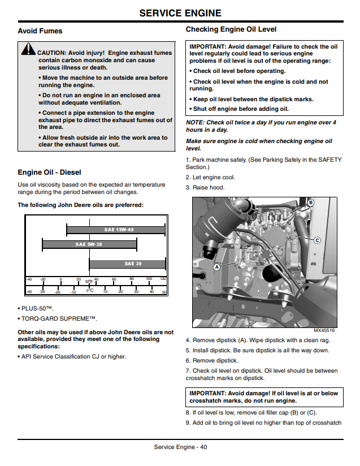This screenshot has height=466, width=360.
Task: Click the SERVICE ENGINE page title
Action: [x=180, y=13]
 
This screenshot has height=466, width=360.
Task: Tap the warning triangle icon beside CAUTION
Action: [x=28, y=49]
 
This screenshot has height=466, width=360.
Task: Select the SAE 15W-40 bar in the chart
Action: [x=116, y=230]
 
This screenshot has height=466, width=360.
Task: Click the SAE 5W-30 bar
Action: [x=89, y=244]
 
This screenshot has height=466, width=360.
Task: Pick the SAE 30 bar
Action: [x=127, y=264]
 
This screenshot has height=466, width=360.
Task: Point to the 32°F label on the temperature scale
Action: [x=89, y=282]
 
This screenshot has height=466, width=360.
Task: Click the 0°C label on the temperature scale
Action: [x=90, y=290]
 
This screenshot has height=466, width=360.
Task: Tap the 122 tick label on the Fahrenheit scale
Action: [x=163, y=279]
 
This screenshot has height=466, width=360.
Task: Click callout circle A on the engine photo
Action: [x=217, y=267]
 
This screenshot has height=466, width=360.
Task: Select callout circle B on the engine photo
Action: [x=310, y=202]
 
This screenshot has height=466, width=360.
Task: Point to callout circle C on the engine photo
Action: [x=317, y=240]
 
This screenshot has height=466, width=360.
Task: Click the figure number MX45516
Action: [x=324, y=330]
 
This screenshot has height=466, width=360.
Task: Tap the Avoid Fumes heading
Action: [x=40, y=31]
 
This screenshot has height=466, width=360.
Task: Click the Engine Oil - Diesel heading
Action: [x=49, y=172]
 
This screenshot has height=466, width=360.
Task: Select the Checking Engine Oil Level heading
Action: [x=231, y=29]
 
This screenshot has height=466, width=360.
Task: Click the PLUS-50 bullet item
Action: [x=36, y=308]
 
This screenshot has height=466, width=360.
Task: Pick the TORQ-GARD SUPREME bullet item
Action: [x=57, y=318]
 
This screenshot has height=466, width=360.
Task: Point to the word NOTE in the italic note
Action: [x=195, y=123]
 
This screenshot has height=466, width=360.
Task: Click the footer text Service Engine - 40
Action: [x=180, y=447]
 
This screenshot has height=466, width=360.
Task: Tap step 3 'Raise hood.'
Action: [x=205, y=188]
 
